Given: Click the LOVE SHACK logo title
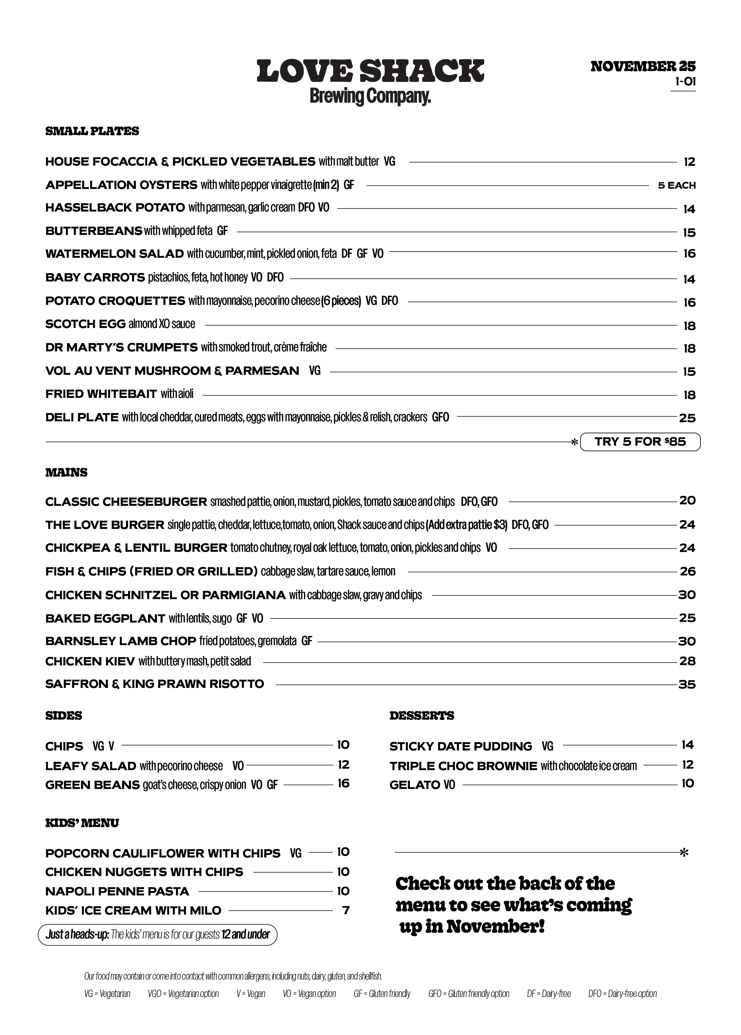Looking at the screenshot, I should pyautogui.click(x=370, y=71).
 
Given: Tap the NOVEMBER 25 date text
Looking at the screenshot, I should pyautogui.click(x=643, y=67).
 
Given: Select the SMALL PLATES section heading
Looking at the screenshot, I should pyautogui.click(x=92, y=131).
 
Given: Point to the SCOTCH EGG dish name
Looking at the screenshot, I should pyautogui.click(x=85, y=324).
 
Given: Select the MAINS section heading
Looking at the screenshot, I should pyautogui.click(x=66, y=473).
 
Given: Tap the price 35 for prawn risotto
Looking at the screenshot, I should pyautogui.click(x=687, y=684).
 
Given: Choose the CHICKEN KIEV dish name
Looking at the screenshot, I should pyautogui.click(x=90, y=661).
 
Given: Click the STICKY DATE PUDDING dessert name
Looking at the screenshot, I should pyautogui.click(x=461, y=747).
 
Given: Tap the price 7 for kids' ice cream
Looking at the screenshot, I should pyautogui.click(x=346, y=911).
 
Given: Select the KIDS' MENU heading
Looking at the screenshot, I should pyautogui.click(x=82, y=823).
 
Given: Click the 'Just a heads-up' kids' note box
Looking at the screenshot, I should pyautogui.click(x=157, y=935).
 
